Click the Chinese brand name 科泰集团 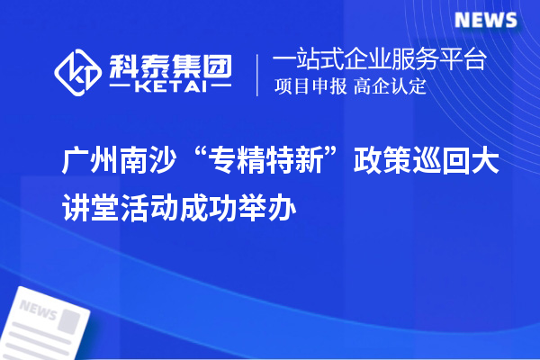pyautogui.click(x=171, y=62)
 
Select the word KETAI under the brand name pyautogui.click(x=171, y=86)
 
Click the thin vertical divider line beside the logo pyautogui.click(x=259, y=74)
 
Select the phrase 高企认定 pyautogui.click(x=390, y=88)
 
